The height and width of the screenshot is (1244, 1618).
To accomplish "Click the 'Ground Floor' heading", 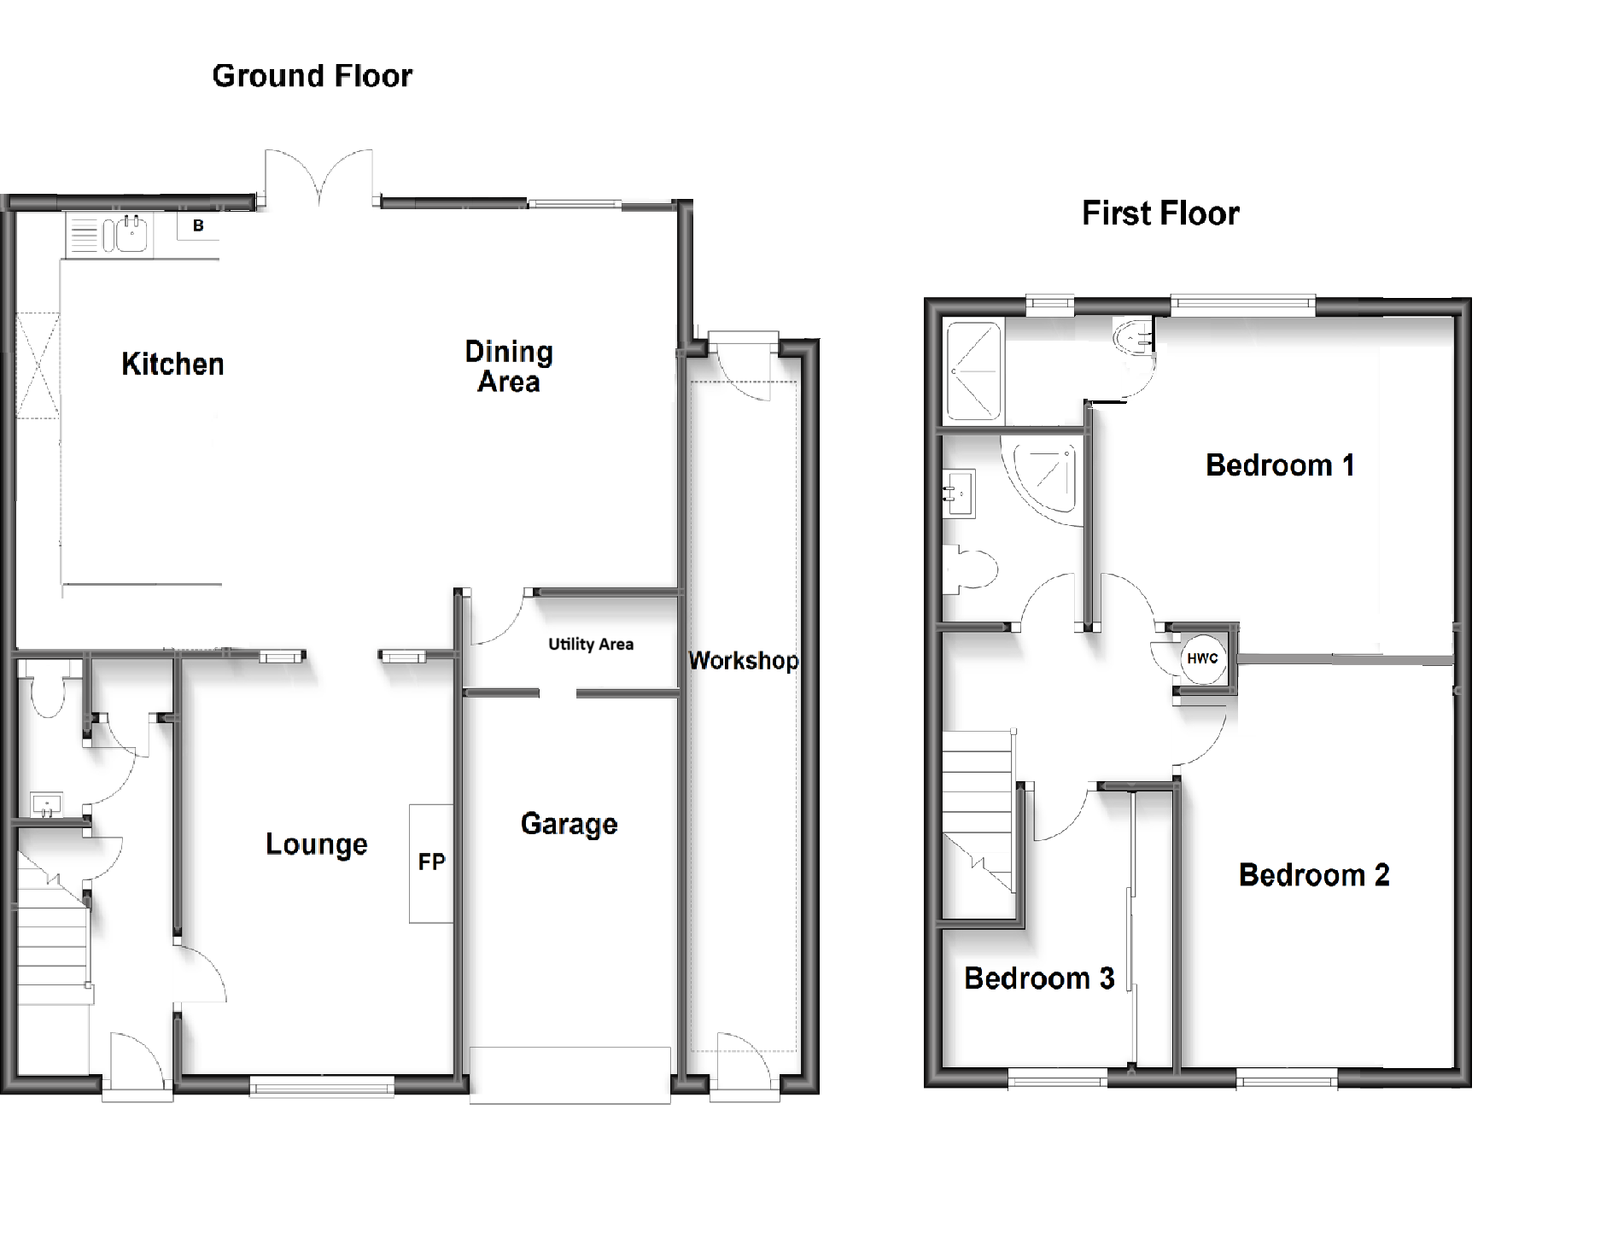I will pyautogui.click(x=312, y=76).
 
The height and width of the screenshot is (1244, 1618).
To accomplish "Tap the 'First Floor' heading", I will pyautogui.click(x=1159, y=213).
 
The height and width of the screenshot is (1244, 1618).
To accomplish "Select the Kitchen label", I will pyautogui.click(x=172, y=365).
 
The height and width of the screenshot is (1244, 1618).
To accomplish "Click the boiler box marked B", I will pyautogui.click(x=198, y=226).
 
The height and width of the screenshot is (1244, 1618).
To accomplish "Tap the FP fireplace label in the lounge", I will pyautogui.click(x=431, y=862).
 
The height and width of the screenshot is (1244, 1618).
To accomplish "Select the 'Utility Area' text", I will pyautogui.click(x=591, y=645).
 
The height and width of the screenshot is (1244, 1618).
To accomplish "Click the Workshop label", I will pyautogui.click(x=743, y=660).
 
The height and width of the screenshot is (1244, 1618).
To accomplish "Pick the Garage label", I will pyautogui.click(x=569, y=824).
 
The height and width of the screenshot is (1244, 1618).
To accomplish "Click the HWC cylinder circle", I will pyautogui.click(x=1202, y=658).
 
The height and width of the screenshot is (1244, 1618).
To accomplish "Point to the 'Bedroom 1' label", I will pyautogui.click(x=1279, y=465).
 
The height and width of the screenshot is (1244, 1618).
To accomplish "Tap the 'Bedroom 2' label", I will pyautogui.click(x=1313, y=875).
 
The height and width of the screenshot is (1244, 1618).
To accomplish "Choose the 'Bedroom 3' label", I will pyautogui.click(x=1038, y=978).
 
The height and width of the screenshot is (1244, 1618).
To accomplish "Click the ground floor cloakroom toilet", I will pyautogui.click(x=46, y=696).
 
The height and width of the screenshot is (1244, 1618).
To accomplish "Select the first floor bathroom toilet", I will pyautogui.click(x=973, y=569).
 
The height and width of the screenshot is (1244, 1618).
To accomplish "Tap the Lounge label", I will pyautogui.click(x=316, y=844).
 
